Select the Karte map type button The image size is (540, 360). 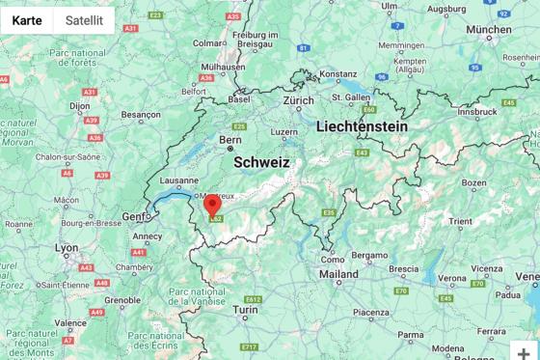pos(26,20)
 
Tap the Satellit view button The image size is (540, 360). pos(84,20)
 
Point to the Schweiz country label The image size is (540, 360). pos(260,163)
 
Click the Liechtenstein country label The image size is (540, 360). pos(362,126)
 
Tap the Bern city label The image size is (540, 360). pos(229,140)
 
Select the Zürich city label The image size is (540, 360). pos(298,100)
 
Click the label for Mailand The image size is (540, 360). pos(338,274)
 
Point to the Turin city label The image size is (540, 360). pos(246,310)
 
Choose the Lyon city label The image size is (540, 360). pos(67,248)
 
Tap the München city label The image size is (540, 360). pos(488,29)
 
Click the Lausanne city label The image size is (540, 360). pos(178,180)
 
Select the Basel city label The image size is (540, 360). pos(238,98)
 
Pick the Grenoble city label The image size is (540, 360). pos(122,300)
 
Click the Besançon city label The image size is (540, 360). pos(140,114)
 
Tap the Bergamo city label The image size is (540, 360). pos(368,255)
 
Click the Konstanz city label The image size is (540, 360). pos(337,73)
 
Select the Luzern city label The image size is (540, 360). pos(283,132)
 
